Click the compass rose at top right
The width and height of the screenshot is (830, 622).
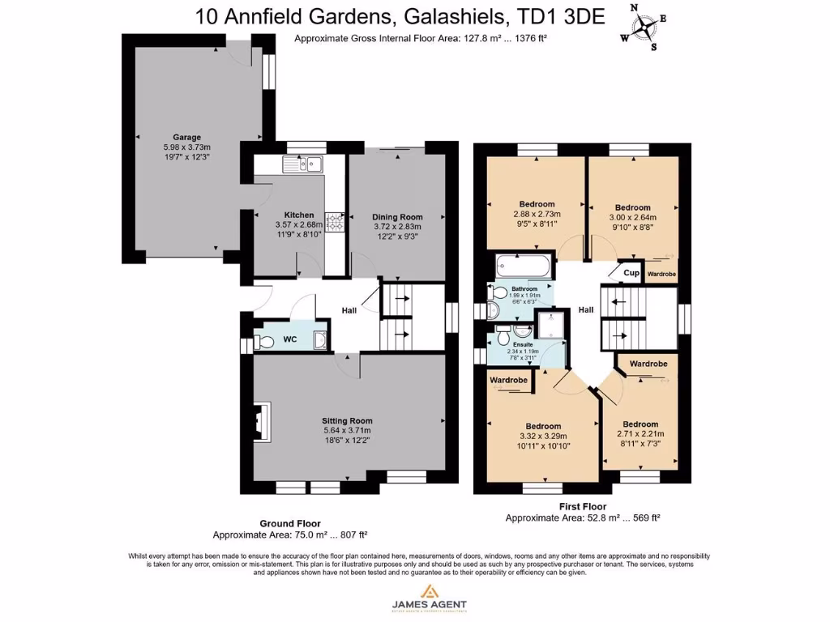pyautogui.click(x=644, y=27)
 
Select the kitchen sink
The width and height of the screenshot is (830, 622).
pyautogui.click(x=303, y=164)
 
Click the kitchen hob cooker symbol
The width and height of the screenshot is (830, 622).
pyautogui.click(x=334, y=222)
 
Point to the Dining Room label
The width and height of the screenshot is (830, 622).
pyautogui.click(x=397, y=217)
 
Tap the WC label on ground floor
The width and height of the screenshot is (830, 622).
pyautogui.click(x=289, y=339)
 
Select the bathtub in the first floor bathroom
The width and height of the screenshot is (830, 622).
pyautogui.click(x=524, y=266)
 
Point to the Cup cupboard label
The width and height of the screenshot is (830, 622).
pyautogui.click(x=631, y=273)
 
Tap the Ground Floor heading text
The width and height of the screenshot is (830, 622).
pyautogui.click(x=289, y=524)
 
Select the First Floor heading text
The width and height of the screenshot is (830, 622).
pyautogui.click(x=584, y=506)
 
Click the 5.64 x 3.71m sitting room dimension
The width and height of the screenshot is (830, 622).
pyautogui.click(x=347, y=431)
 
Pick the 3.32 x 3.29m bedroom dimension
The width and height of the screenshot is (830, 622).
pyautogui.click(x=543, y=437)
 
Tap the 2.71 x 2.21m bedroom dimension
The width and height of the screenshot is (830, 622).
pyautogui.click(x=640, y=434)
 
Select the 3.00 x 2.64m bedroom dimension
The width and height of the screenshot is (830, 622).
pyautogui.click(x=632, y=217)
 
